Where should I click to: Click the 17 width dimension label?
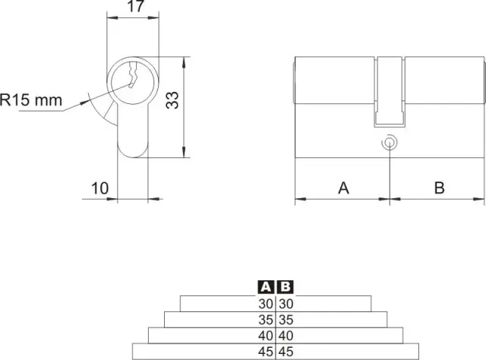point(136,6)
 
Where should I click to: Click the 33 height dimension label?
point(172,99)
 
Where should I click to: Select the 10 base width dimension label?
point(99,188)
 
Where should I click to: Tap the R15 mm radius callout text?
point(31,99)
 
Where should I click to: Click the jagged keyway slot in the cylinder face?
point(132,74)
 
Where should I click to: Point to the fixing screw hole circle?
point(390,143)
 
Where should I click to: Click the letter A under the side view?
point(343,188)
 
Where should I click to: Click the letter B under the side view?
point(439,188)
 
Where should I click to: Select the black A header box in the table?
point(266,287)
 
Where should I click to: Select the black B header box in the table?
point(286,287)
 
